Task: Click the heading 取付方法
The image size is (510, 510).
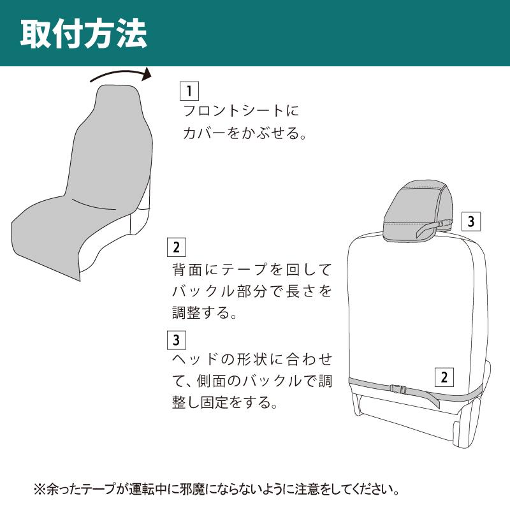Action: click(84, 34)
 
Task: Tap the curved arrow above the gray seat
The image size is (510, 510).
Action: click(120, 73)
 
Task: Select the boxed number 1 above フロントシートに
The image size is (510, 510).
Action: click(189, 91)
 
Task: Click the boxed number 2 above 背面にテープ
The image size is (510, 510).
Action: click(177, 247)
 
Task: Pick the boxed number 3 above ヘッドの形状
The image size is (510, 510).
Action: click(177, 340)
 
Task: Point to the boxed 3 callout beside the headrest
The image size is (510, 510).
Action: click(471, 221)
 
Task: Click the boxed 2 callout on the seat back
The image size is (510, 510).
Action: click(444, 377)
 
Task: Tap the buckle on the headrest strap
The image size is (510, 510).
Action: click(446, 224)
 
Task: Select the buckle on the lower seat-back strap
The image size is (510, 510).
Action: click(398, 389)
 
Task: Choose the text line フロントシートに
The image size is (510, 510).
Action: click(241, 110)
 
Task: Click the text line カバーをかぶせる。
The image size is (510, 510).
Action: click(244, 133)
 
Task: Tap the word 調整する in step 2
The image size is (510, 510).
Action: click(204, 312)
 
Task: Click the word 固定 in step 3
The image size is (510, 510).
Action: click(214, 402)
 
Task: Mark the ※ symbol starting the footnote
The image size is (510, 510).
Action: click(40, 489)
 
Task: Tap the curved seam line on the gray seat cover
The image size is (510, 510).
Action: click(94, 205)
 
